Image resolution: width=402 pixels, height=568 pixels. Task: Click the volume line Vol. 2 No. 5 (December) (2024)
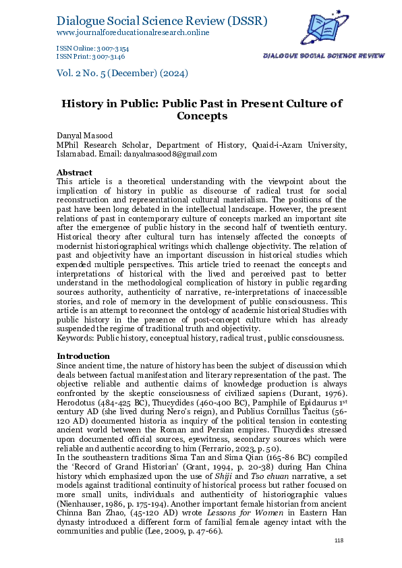(x=122, y=73)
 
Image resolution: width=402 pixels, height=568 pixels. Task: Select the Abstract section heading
(x=74, y=172)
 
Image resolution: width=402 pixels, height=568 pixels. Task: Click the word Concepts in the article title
(x=201, y=116)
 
